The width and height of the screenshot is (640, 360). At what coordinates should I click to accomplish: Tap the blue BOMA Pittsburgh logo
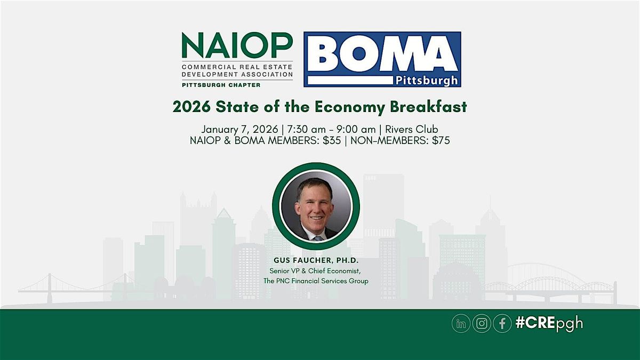[x=382, y=59]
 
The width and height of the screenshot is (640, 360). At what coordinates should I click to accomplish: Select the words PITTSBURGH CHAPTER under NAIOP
[x=213, y=85]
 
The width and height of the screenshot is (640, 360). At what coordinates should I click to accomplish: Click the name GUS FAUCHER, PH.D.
[x=316, y=261]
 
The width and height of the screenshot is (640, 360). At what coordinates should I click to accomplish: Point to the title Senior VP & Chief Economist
[x=316, y=271]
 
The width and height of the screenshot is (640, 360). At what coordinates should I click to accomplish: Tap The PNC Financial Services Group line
[x=316, y=281]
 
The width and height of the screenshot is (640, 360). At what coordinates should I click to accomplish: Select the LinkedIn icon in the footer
[x=461, y=324]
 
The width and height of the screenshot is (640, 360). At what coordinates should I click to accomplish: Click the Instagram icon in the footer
[x=482, y=324]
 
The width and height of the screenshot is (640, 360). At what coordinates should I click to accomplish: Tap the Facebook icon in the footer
[x=502, y=324]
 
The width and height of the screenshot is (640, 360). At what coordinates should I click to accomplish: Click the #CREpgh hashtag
[x=549, y=324]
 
